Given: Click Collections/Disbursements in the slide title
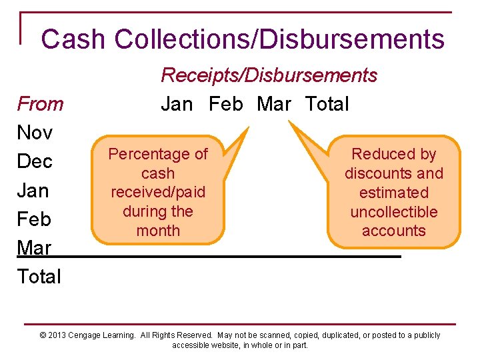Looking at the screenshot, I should [279, 39].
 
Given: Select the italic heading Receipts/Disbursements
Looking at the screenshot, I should [269, 75].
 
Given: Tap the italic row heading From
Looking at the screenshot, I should [40, 104].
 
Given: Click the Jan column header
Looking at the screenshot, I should [177, 104].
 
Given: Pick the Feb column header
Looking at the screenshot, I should [226, 104].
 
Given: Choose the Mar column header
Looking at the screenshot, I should [274, 104].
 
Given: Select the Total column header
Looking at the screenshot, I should [327, 104].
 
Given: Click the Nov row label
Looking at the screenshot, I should [35, 133].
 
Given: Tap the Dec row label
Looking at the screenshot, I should [35, 162].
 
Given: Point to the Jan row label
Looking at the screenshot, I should [33, 191].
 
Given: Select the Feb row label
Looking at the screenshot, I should [34, 219].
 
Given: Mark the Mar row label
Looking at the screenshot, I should [34, 248].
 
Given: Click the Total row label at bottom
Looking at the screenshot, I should [39, 277].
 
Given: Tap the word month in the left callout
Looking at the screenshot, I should [158, 231].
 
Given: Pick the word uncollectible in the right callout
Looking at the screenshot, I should [393, 212].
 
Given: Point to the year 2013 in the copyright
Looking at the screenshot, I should [59, 335].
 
